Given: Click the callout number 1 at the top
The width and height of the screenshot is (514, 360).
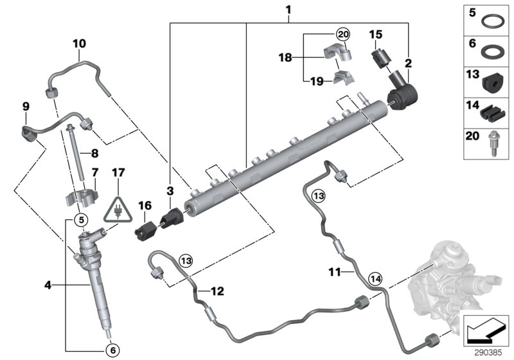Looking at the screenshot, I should (x=289, y=10).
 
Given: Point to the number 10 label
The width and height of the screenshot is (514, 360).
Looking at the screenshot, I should (x=79, y=44).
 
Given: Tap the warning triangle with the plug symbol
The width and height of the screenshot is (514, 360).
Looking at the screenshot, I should (x=119, y=210).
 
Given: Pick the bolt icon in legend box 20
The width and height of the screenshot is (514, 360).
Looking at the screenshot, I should (x=493, y=144).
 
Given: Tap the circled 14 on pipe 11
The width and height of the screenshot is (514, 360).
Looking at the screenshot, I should (x=376, y=278).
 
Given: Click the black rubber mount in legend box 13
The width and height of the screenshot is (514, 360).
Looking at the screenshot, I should (x=493, y=82).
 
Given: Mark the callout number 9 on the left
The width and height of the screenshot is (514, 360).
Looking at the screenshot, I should (x=26, y=105).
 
